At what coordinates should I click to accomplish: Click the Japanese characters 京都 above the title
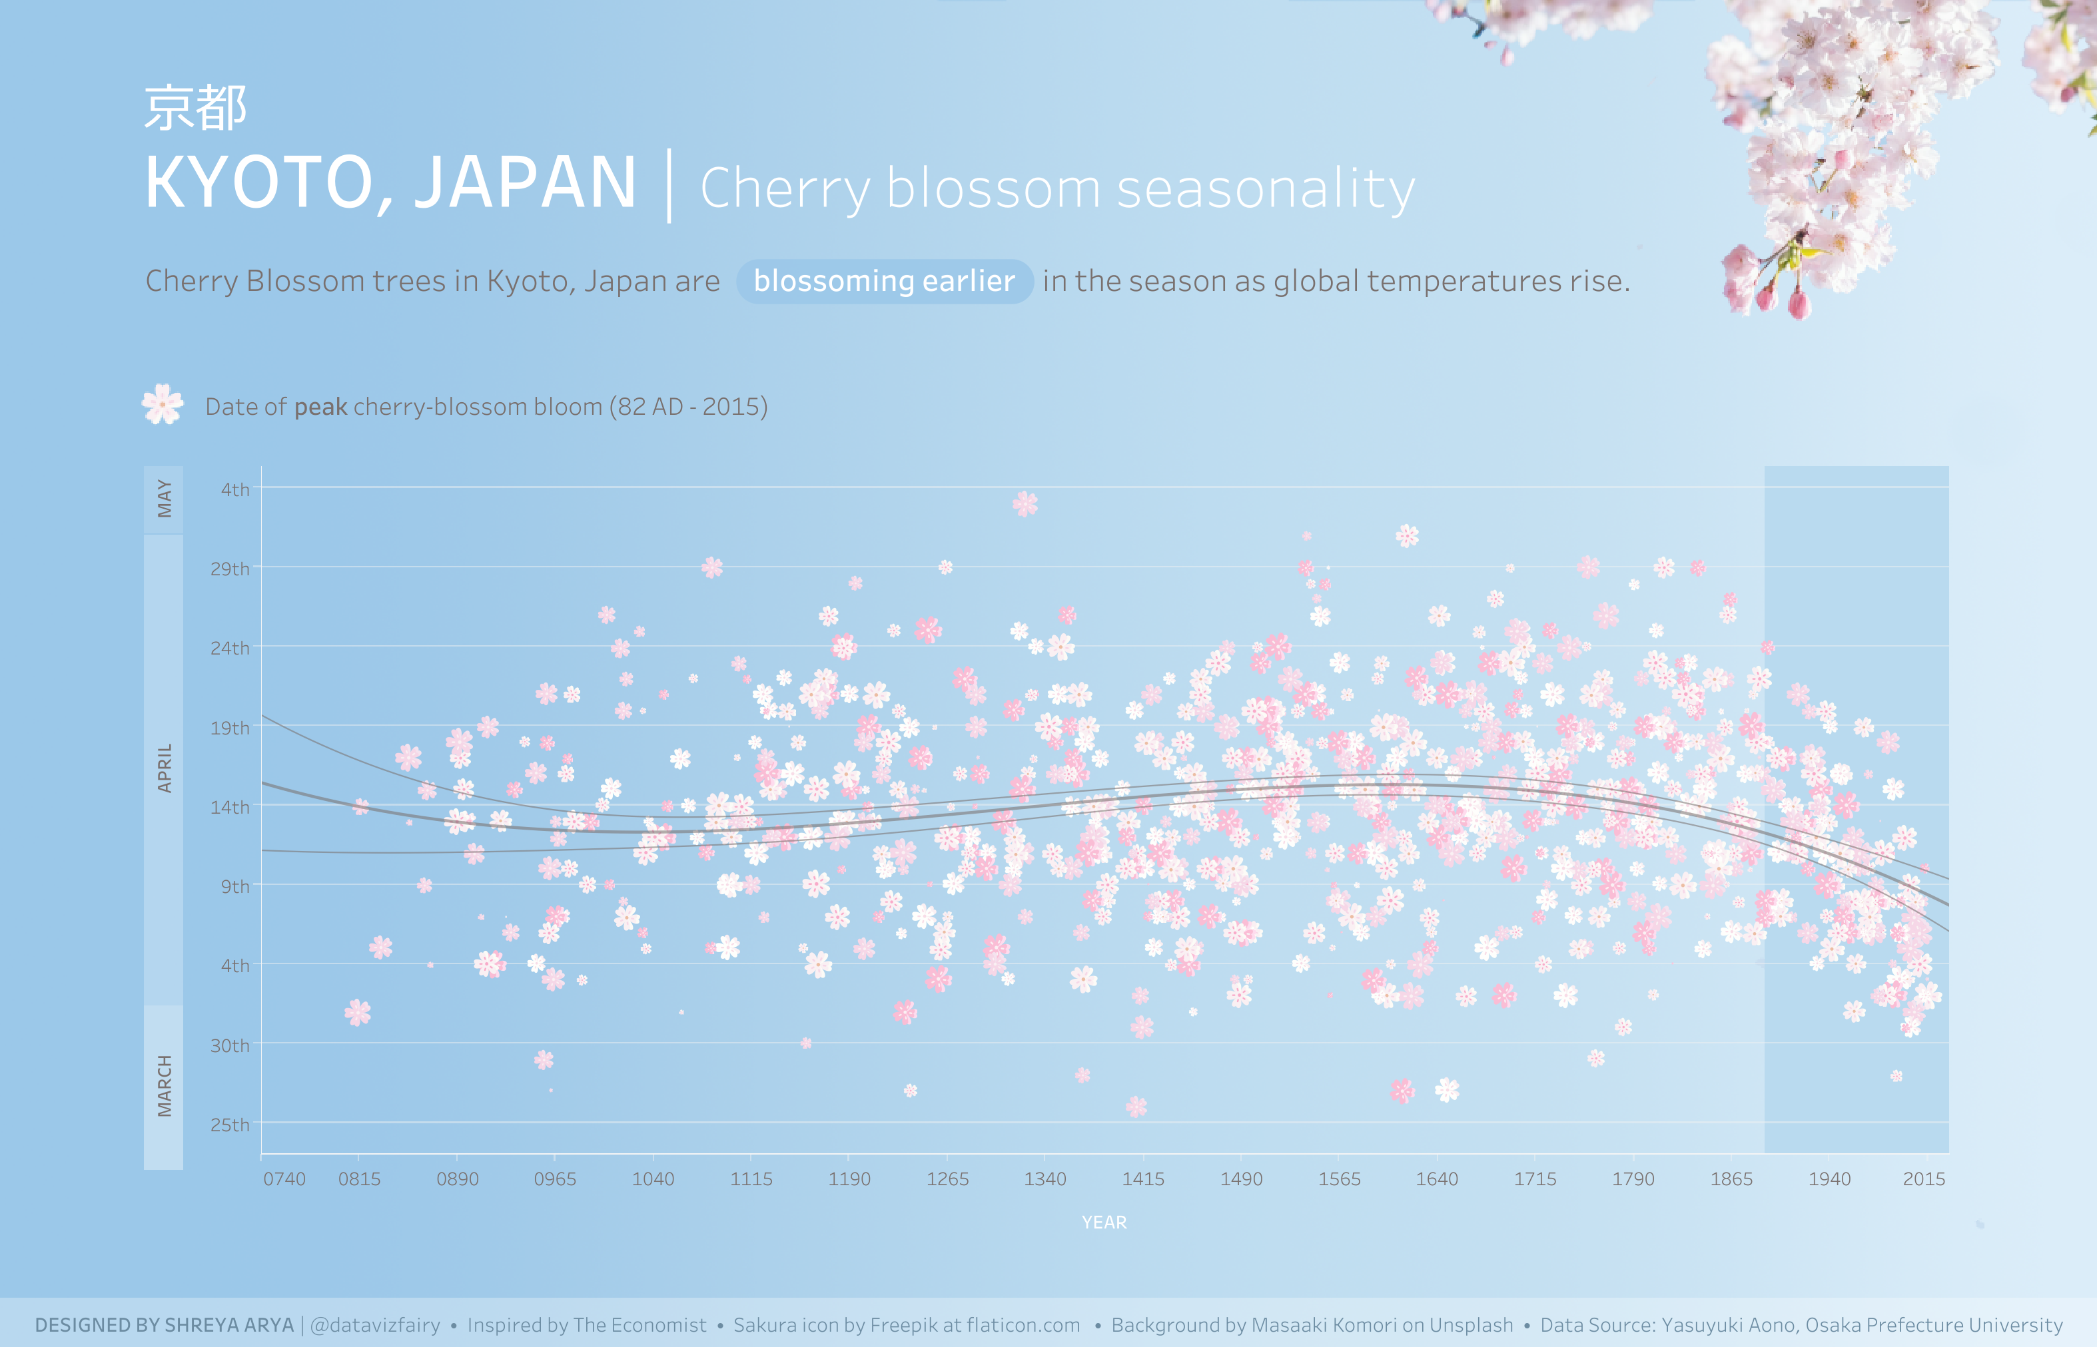[195, 109]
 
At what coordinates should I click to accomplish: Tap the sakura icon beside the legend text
[163, 405]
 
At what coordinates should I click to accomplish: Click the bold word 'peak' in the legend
[320, 407]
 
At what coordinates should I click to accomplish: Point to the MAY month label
[164, 499]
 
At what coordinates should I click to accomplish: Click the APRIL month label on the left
[164, 768]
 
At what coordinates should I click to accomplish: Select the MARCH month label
[164, 1085]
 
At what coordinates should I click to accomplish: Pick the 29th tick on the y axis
[229, 569]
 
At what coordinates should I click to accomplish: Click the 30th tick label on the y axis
[229, 1046]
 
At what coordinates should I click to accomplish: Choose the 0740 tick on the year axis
[284, 1179]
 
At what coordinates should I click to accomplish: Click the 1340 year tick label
[1045, 1179]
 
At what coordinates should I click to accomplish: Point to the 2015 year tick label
[1924, 1179]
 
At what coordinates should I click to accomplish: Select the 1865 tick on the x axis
[1731, 1179]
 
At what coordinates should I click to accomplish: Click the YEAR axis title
[1104, 1222]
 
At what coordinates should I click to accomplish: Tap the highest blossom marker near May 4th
[1025, 504]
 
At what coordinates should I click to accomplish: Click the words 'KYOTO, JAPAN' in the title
[390, 183]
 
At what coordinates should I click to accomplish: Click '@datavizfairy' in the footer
[375, 1325]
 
